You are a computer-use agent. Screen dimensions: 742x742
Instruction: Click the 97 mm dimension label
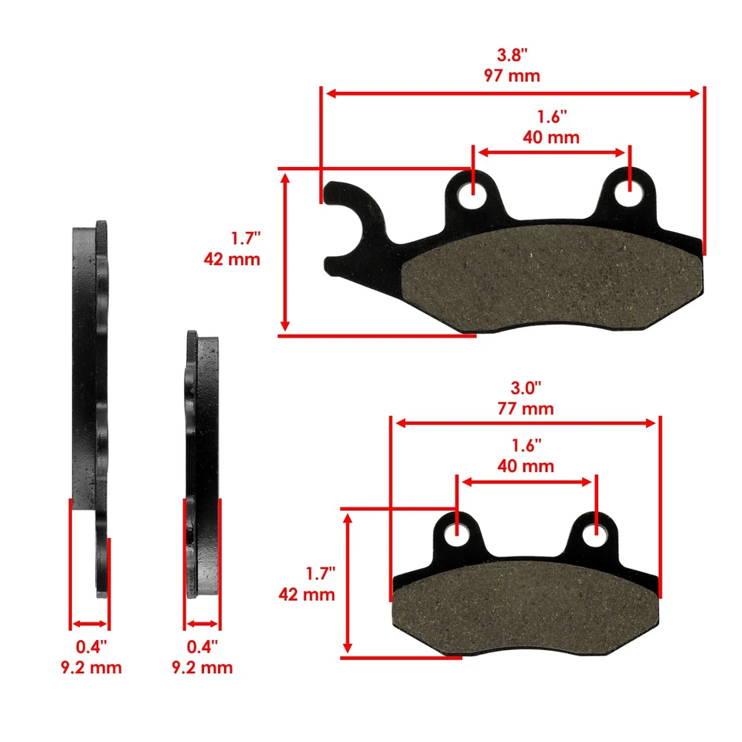513,76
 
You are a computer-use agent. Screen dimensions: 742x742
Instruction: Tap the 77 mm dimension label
526,408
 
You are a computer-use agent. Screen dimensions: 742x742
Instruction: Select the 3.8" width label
512,56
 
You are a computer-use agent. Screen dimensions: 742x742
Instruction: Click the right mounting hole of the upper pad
629,194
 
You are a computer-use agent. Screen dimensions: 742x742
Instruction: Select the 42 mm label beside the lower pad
307,594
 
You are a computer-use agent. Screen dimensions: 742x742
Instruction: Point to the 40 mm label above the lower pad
526,466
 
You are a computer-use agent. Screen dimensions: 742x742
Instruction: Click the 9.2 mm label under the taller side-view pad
91,667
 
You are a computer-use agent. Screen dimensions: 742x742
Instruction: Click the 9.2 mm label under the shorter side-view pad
202,667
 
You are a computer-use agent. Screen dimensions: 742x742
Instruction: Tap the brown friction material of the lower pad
526,611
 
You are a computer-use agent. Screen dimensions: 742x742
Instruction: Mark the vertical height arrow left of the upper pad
287,252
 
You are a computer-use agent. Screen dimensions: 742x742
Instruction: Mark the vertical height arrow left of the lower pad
349,584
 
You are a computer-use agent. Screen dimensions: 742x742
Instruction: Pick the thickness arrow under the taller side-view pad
89,624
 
